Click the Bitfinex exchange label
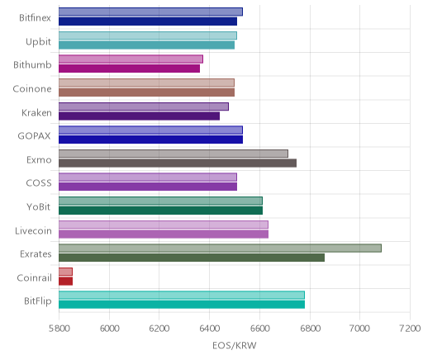(35, 18)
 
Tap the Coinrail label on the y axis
(35, 278)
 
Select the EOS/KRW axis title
(235, 345)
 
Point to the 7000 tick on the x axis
(359, 329)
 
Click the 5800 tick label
(59, 329)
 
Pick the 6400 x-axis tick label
(209, 329)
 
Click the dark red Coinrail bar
(65, 282)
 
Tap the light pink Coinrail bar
(65, 272)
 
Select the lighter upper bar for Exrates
(220, 248)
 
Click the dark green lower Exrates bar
(192, 258)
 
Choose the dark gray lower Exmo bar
(178, 163)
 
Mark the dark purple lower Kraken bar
(139, 116)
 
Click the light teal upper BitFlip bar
(182, 295)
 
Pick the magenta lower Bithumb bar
(129, 69)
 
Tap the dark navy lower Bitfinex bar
(148, 21)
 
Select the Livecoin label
(33, 230)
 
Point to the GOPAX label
(35, 136)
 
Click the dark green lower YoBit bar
(160, 211)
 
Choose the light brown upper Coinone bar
(146, 83)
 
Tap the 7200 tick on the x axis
(410, 329)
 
